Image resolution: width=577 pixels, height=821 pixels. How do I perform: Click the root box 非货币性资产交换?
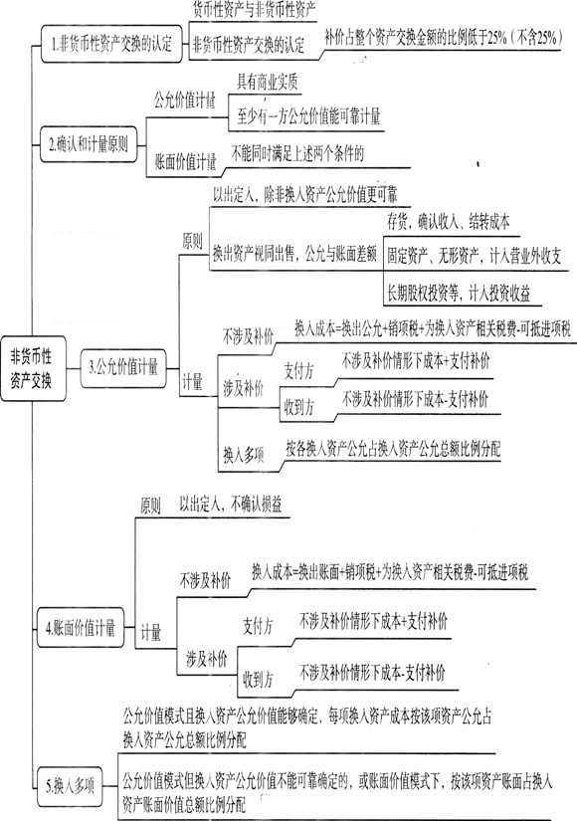pos(34,368)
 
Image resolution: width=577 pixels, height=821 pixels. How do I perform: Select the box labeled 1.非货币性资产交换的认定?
pos(111,44)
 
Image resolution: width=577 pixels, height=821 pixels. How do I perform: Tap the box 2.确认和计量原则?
pos(89,144)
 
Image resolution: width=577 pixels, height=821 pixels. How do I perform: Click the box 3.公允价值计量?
pos(123,368)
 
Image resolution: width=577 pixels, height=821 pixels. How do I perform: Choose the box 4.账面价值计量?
pos(82,627)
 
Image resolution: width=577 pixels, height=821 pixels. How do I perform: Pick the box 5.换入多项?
pos(71,786)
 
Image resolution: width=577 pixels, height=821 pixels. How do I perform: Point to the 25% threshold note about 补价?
pos(443,38)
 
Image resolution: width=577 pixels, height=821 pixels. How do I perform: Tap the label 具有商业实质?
pos(267,83)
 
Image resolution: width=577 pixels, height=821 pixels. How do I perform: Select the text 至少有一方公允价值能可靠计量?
pos(308,116)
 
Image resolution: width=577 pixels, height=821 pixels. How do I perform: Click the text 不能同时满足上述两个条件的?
pos(297,153)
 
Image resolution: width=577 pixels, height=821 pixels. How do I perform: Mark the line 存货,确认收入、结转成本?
pos(449,222)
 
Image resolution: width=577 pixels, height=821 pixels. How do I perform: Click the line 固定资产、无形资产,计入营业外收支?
pos(474,256)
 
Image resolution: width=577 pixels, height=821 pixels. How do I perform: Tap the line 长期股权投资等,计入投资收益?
pos(459,294)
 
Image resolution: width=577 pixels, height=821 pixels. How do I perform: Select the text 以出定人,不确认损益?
pos(231,504)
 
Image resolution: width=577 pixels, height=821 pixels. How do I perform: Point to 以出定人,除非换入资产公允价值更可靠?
pos(304,195)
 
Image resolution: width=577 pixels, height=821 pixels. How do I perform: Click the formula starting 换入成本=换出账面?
pos(390,572)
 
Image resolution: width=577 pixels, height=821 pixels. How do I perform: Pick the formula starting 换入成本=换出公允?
pos(433,328)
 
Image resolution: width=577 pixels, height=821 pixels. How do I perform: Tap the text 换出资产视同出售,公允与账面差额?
pos(294,255)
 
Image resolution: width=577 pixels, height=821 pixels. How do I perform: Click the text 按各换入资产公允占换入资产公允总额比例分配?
pos(393,449)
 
